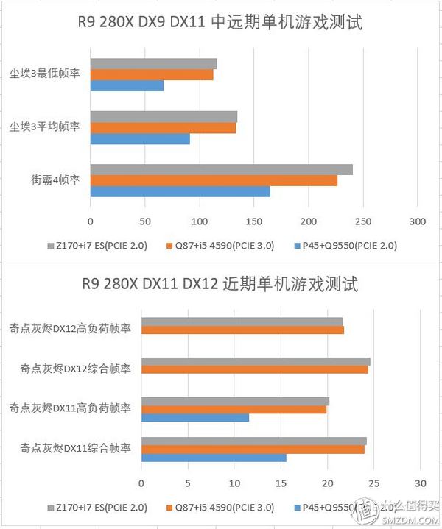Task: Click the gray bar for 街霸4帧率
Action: click(221, 170)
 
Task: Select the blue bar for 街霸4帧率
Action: click(180, 191)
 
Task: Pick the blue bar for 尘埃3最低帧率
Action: click(127, 86)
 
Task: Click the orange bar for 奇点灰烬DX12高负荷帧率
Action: click(242, 330)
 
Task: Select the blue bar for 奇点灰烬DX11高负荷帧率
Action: click(195, 418)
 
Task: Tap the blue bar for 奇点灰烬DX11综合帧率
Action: click(214, 458)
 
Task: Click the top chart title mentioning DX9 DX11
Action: click(221, 24)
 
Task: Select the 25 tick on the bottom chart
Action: click(373, 483)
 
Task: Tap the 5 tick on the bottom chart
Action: click(188, 483)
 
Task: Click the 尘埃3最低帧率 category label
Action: click(45, 74)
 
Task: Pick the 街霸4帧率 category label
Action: click(55, 180)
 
